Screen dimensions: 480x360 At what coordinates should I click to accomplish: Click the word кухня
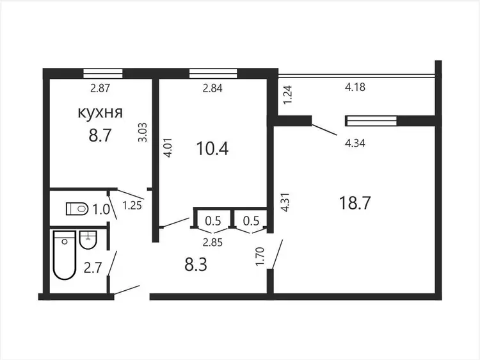(x=100, y=113)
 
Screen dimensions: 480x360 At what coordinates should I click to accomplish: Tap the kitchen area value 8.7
(x=100, y=135)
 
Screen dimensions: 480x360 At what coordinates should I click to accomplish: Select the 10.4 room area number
(x=212, y=149)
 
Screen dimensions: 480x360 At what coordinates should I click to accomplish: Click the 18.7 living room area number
(x=355, y=203)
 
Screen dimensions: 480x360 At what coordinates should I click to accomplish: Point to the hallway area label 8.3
(x=196, y=265)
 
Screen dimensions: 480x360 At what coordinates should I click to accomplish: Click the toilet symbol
(x=77, y=209)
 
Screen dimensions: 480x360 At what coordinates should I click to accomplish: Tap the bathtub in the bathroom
(x=64, y=255)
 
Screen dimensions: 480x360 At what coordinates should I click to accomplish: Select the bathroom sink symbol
(x=88, y=240)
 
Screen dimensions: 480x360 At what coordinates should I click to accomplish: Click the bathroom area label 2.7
(x=93, y=268)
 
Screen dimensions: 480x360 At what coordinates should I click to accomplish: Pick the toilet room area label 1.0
(x=101, y=210)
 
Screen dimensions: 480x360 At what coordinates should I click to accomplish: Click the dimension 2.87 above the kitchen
(x=100, y=88)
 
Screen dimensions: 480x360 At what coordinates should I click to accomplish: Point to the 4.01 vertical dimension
(x=168, y=148)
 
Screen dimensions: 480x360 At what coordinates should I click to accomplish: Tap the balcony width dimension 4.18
(x=355, y=87)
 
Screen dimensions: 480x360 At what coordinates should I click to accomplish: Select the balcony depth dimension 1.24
(x=289, y=95)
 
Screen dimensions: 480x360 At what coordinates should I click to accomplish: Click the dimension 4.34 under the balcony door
(x=355, y=143)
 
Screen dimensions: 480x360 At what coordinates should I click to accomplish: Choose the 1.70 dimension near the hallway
(x=260, y=256)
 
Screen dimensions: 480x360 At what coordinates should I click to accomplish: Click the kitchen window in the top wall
(x=103, y=74)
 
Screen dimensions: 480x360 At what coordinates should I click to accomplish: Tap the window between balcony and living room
(x=371, y=120)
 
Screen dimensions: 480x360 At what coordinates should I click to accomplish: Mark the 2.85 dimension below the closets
(x=212, y=243)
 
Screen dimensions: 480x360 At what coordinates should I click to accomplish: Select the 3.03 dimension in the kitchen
(x=143, y=132)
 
